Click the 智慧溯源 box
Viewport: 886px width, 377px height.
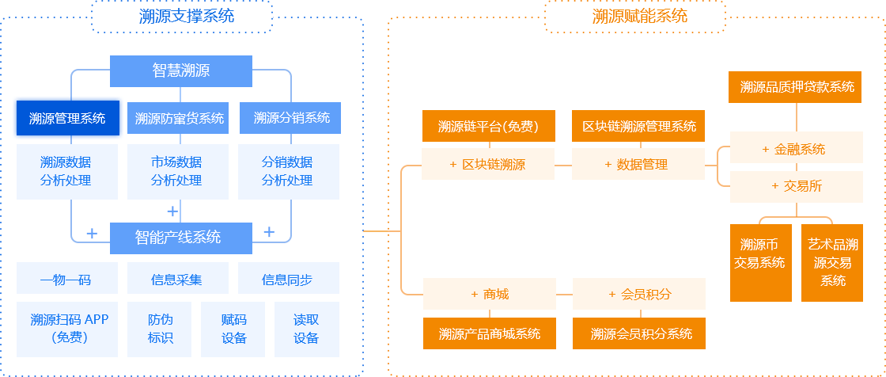tap(181, 70)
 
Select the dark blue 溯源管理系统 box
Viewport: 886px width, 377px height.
tap(67, 119)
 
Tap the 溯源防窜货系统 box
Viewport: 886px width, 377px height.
tap(179, 119)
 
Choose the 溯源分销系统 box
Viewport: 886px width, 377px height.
tap(291, 118)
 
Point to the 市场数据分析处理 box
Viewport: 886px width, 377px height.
tap(177, 171)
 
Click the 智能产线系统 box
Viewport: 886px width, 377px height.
tap(181, 238)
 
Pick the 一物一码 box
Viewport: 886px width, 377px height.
tap(66, 279)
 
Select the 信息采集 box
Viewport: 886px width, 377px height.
tap(177, 279)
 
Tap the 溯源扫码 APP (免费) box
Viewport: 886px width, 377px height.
tap(69, 329)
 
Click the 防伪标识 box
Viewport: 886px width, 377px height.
tap(160, 329)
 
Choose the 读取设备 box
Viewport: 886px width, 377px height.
tap(306, 329)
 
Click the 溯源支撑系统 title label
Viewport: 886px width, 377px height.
tap(182, 16)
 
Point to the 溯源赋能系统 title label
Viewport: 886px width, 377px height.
tap(635, 16)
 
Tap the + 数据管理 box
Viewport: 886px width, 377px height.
tap(638, 165)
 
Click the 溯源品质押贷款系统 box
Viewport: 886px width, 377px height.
tap(797, 87)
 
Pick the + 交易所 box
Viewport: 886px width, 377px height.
tap(796, 186)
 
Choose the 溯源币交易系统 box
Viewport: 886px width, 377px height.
tap(759, 262)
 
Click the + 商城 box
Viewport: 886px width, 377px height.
tap(489, 294)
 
